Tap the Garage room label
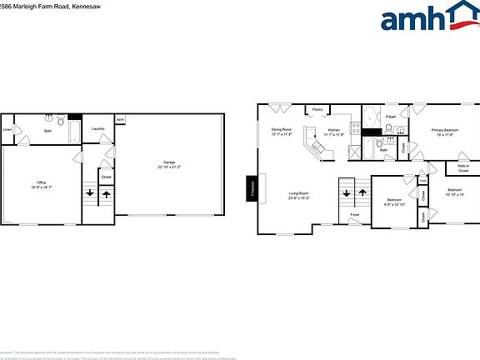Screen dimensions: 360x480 [x=168, y=164]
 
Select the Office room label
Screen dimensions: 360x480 [x=41, y=184]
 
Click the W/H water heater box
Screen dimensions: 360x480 [x=120, y=120]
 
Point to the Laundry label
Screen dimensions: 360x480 [x=97, y=128]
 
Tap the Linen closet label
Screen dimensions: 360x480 [x=7, y=130]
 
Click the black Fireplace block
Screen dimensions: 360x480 [x=251, y=187]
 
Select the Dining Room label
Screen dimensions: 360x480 [x=282, y=132]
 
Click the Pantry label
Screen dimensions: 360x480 [x=317, y=109]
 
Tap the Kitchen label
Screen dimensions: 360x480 [x=333, y=132]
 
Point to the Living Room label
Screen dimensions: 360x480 [x=299, y=196]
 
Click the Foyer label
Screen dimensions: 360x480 [x=355, y=215]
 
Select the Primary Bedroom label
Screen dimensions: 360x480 [x=444, y=132]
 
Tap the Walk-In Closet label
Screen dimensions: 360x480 [x=463, y=169]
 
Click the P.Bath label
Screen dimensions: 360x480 [x=391, y=116]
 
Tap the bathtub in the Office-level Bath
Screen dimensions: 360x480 [x=72, y=131]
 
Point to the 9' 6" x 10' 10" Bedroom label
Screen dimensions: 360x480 [x=393, y=202]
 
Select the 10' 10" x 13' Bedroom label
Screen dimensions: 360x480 [x=454, y=192]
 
